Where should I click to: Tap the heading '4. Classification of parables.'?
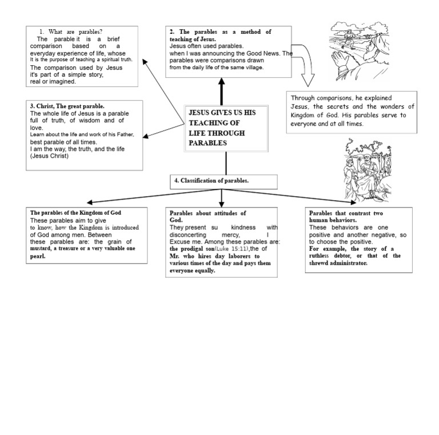[x=211, y=181]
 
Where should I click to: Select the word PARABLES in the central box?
[x=207, y=143]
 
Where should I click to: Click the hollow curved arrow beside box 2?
[x=305, y=65]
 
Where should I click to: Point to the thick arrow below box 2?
[x=221, y=91]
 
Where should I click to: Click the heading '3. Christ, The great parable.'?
[x=67, y=106]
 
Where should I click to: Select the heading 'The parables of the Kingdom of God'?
[x=75, y=213]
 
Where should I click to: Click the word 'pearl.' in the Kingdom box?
[x=38, y=256]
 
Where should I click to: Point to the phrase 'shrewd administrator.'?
[x=338, y=263]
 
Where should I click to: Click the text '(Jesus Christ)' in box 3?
[x=49, y=156]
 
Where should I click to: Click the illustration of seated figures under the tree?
[x=368, y=170]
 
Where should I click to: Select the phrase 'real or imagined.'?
[x=53, y=82]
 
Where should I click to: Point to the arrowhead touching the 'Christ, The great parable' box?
[x=146, y=136]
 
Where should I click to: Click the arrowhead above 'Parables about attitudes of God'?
[x=221, y=204]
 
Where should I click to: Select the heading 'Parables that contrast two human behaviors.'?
[x=346, y=217]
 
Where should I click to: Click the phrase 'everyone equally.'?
[x=192, y=271]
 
